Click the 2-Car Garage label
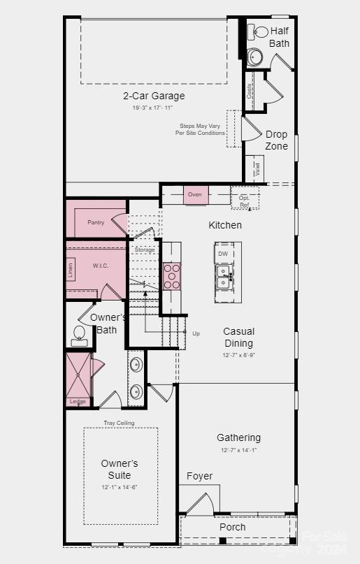click(x=154, y=96)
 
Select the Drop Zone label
click(x=276, y=140)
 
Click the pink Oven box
click(x=196, y=195)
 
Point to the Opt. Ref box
click(x=245, y=201)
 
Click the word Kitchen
click(x=225, y=225)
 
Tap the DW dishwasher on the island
click(x=223, y=254)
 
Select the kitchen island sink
click(x=224, y=277)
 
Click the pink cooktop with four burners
click(x=172, y=275)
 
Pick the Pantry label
click(x=96, y=222)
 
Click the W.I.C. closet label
click(x=101, y=266)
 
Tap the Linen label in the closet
click(x=71, y=271)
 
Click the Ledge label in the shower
click(x=78, y=401)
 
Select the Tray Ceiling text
click(x=119, y=423)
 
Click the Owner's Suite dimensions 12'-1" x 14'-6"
click(x=120, y=486)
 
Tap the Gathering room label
click(x=238, y=438)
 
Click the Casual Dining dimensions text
click(x=238, y=355)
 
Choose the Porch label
click(x=233, y=527)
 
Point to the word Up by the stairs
click(x=196, y=333)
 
